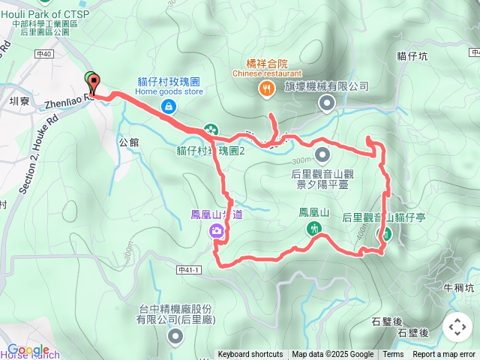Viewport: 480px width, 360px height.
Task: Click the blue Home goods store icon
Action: click(169, 106)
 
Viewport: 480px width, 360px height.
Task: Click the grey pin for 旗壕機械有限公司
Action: click(326, 103)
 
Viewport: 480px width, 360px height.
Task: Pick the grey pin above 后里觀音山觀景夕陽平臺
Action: click(322, 156)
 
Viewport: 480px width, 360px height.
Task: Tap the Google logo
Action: click(28, 349)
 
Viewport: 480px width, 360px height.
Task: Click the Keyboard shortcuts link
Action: click(250, 355)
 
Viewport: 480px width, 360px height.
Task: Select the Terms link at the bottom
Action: click(393, 355)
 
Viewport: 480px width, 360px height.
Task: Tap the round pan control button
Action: click(457, 327)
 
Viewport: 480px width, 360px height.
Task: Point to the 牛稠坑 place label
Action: click(459, 287)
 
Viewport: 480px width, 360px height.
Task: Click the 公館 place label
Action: click(129, 140)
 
